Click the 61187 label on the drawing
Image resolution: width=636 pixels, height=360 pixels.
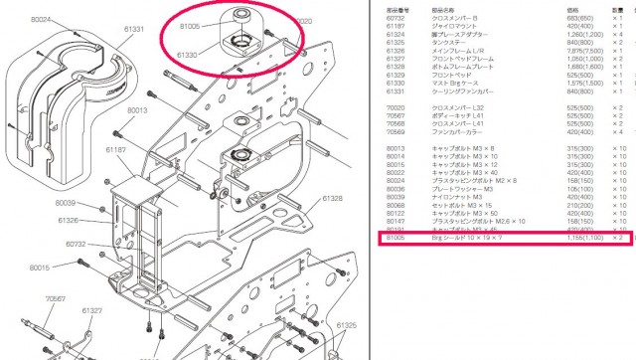point(115,148)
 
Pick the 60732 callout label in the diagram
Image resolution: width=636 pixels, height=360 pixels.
point(77,243)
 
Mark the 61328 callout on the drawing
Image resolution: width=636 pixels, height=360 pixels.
point(331,199)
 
